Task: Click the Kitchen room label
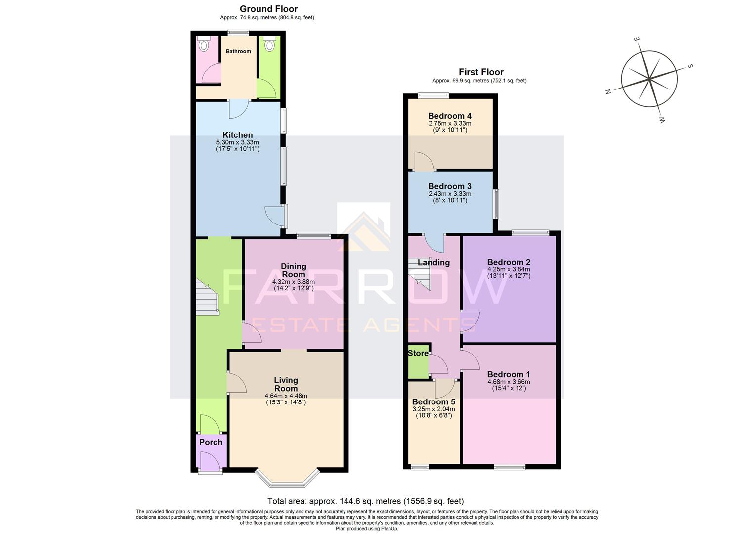[237, 135]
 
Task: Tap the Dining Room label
[293, 270]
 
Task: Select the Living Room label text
[286, 384]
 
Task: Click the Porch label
[211, 442]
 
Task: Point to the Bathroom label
[238, 51]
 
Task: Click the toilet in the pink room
[203, 45]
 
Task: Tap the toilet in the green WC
[269, 45]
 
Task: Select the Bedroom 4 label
[449, 116]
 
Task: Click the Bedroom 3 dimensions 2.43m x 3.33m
[449, 194]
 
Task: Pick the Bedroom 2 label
[509, 262]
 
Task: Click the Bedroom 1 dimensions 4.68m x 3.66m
[509, 382]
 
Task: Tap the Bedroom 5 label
[433, 402]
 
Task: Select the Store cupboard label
[418, 353]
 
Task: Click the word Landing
[433, 263]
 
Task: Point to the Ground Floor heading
[268, 9]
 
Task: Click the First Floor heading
[480, 72]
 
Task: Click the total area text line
[365, 501]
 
